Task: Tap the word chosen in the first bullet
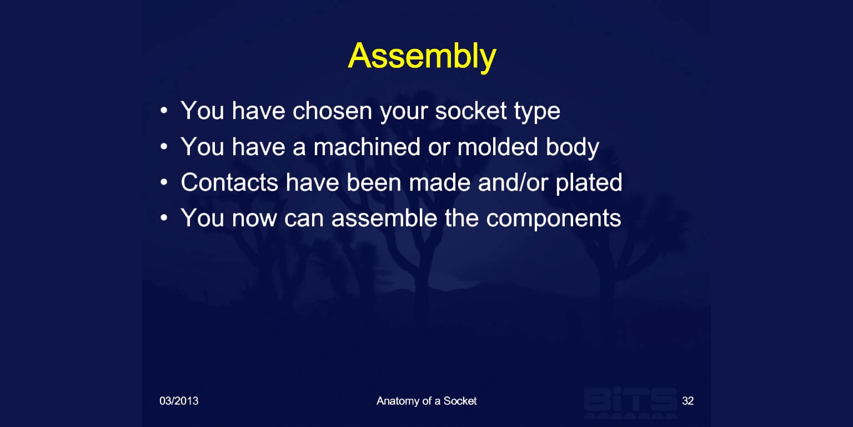pos(332,111)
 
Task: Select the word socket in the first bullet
pos(471,111)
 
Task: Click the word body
pos(573,148)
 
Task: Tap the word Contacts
pos(229,182)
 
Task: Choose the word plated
pos(589,184)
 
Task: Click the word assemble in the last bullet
pos(384,218)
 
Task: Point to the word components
pos(553,220)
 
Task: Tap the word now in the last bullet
pos(254,220)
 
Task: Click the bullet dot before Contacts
pos(164,182)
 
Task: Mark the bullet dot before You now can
pos(164,218)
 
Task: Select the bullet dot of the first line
pos(164,111)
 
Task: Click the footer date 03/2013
pos(179,401)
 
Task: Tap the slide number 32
pos(688,401)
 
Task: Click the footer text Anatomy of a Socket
pos(426,401)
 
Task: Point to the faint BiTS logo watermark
pos(631,402)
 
